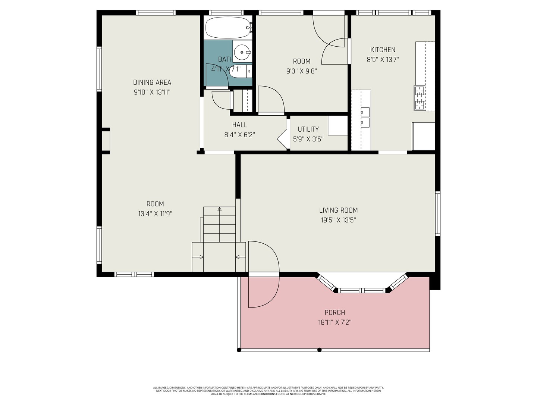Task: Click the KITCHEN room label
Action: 383,50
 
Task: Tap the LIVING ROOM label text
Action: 338,210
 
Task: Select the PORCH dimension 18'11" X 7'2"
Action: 335,322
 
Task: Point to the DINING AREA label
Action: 152,82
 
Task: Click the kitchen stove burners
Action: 419,98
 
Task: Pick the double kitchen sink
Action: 364,117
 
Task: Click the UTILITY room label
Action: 308,129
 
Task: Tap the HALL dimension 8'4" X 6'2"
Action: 239,135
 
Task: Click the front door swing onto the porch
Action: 263,274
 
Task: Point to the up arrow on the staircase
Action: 219,209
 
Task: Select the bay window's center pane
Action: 362,290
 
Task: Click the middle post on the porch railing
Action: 319,350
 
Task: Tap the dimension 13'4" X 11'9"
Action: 155,214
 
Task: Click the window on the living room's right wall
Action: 438,213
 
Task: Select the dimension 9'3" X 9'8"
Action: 301,71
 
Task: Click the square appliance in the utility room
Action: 338,125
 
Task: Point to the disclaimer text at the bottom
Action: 268,391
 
